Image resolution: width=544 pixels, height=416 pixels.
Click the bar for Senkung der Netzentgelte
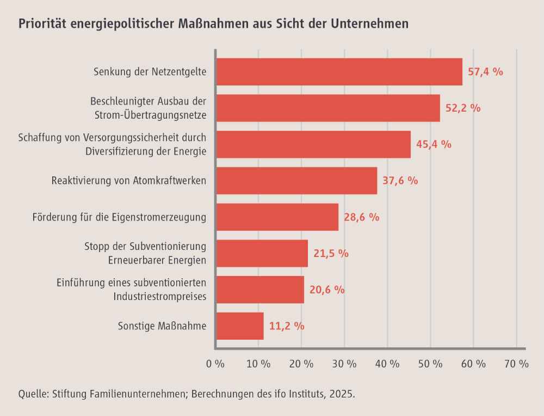pos(339,72)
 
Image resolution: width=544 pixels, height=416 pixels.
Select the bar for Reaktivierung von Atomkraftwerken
pos(296,181)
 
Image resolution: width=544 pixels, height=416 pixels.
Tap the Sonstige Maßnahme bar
pos(240,326)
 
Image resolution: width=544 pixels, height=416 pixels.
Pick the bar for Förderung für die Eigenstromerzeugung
pos(277,217)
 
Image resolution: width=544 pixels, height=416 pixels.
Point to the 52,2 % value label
pos(463,108)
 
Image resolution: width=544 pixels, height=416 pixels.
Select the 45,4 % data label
pos(434,144)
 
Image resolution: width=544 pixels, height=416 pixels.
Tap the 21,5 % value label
pos(331,254)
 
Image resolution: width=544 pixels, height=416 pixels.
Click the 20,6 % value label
pos(327,290)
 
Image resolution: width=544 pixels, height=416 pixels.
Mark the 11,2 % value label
pos(287,326)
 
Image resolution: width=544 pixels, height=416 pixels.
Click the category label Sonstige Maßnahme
pos(162,326)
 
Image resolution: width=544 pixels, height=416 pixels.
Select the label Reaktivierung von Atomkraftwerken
pos(129,181)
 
